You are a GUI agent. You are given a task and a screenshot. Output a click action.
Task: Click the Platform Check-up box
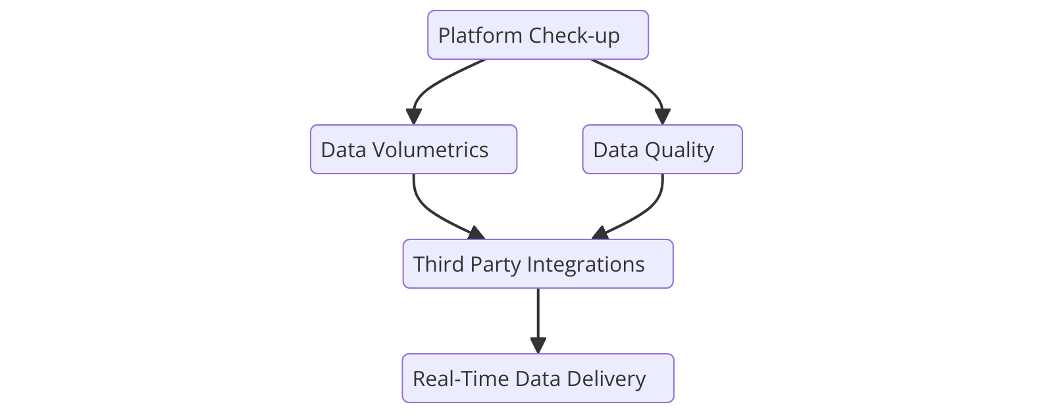click(538, 35)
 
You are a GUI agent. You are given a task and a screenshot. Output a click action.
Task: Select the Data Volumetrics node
click(413, 149)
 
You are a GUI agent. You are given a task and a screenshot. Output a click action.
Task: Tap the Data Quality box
click(662, 149)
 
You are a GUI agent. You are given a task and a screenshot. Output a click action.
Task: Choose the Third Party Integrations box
click(538, 264)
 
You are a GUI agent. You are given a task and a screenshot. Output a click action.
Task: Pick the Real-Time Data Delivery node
click(538, 378)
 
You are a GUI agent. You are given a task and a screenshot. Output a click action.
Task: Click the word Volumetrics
click(430, 149)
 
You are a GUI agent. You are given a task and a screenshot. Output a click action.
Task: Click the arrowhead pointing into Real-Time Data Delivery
click(538, 346)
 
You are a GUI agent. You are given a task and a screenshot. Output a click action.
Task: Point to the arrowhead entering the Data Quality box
click(663, 117)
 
